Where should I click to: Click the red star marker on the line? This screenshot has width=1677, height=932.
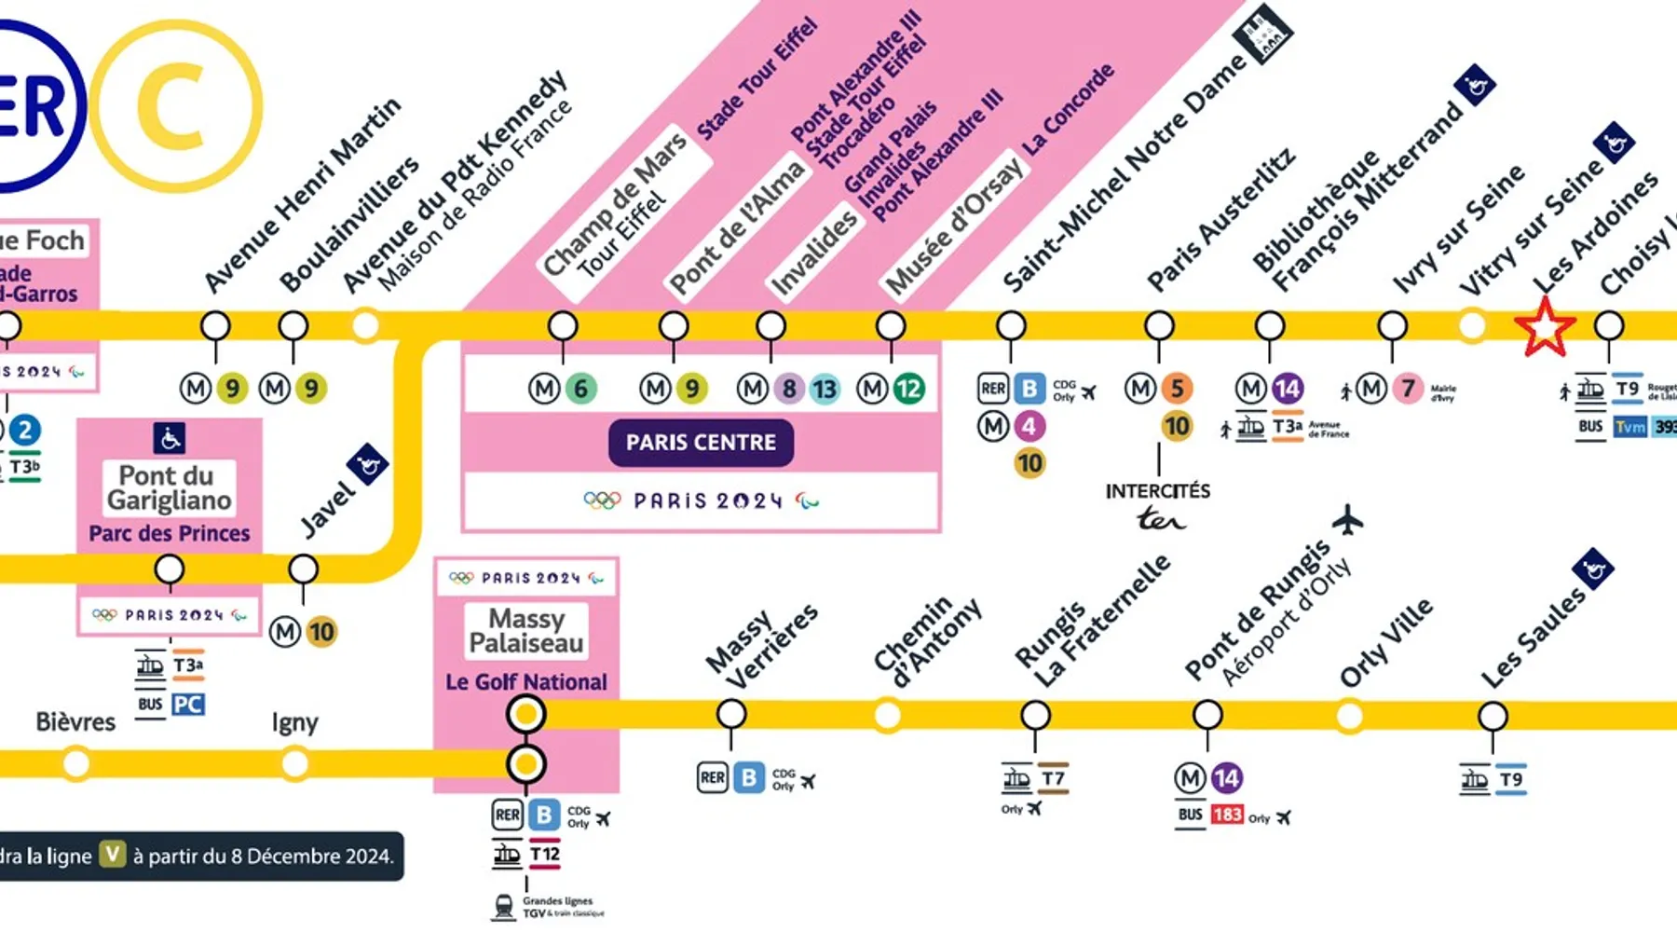[x=1544, y=327]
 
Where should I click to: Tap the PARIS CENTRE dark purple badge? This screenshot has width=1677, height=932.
[x=701, y=443]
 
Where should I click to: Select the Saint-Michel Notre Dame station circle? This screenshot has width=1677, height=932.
[x=1011, y=326]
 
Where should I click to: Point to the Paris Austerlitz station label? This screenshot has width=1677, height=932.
[x=1220, y=220]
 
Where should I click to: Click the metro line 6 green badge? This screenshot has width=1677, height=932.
[x=580, y=389]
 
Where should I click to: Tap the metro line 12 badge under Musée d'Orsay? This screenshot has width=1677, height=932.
[x=907, y=389]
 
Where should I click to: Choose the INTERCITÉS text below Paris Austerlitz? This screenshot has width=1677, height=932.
[x=1157, y=491]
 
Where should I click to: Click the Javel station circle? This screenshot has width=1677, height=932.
[x=303, y=569]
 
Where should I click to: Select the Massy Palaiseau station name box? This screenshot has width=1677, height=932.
[x=526, y=631]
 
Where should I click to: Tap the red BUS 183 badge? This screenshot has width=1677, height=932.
[x=1227, y=815]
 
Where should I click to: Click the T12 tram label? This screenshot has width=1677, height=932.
[x=545, y=854]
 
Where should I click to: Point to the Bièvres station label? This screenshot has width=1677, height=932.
[x=75, y=722]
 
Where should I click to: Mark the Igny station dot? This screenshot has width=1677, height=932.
[x=295, y=764]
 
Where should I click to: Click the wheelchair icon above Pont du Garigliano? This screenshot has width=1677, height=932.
[x=169, y=437]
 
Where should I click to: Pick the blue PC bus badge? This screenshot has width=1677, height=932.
[x=187, y=705]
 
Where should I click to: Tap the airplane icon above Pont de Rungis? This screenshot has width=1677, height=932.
[x=1347, y=520]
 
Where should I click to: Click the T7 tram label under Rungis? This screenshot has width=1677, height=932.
[x=1053, y=779]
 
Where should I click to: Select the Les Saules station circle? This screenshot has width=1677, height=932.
[x=1493, y=716]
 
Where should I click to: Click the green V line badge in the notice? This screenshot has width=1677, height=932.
[x=113, y=855]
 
